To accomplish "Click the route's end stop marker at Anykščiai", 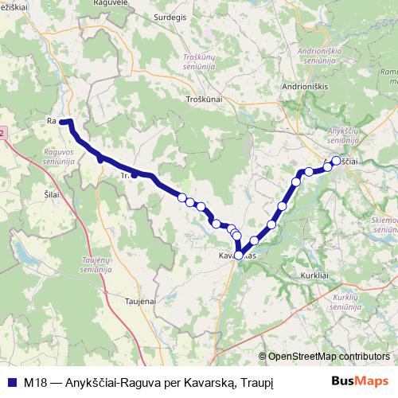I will [x=336, y=161].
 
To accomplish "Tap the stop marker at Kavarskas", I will [x=238, y=255].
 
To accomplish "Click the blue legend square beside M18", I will [x=12, y=379].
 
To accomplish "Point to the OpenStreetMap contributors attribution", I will [x=326, y=356].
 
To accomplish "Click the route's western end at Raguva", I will [x=62, y=122].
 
